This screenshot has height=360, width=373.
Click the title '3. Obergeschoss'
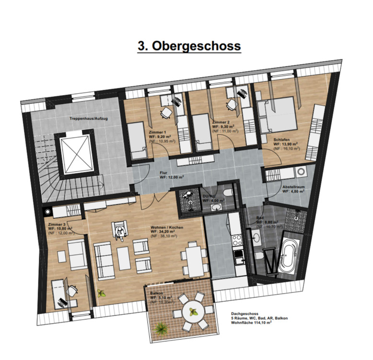pos(188,46)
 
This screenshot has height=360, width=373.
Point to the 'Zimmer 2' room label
pos(221,123)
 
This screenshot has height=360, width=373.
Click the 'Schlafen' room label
pos(282,139)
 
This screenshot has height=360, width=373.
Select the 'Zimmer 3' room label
pos(57,224)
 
